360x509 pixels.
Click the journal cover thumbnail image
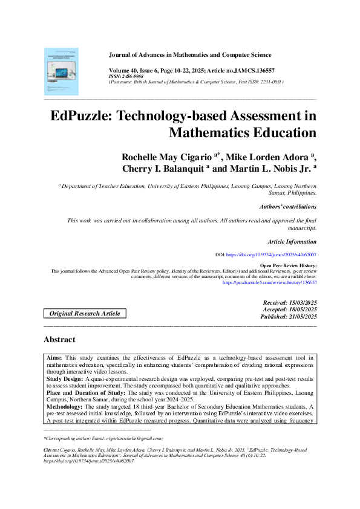[61, 71]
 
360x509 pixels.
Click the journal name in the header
[190, 55]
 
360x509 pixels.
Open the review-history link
[270, 282]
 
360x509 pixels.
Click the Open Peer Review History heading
[287, 266]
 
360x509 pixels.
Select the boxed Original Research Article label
[85, 313]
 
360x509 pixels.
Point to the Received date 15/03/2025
[290, 302]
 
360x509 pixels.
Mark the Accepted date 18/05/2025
[290, 309]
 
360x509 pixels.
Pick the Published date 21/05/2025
[289, 316]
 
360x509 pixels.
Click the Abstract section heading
[59, 340]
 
